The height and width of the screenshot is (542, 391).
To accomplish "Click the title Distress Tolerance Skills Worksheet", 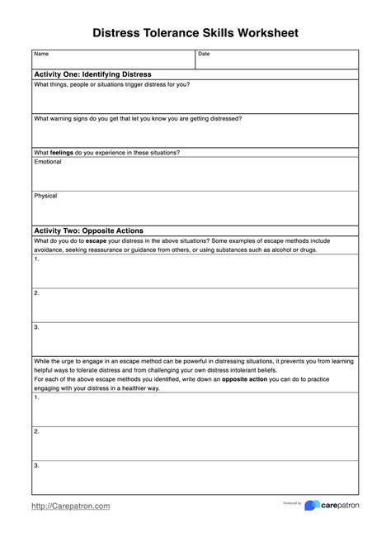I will [x=195, y=31].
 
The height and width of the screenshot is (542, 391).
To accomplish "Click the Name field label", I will [x=41, y=55].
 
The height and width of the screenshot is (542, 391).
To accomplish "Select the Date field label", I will [x=205, y=55].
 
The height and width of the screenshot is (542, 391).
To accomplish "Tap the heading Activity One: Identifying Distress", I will [x=92, y=74].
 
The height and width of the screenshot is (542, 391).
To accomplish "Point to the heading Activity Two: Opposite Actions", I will [x=88, y=230].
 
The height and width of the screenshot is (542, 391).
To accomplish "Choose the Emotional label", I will [x=48, y=162].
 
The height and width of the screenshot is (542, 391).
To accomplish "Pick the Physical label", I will [x=45, y=196].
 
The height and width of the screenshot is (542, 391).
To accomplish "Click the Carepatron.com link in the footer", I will [x=71, y=505].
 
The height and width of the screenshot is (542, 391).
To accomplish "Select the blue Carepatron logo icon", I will [x=312, y=505].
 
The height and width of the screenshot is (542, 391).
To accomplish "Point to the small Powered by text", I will [x=292, y=502].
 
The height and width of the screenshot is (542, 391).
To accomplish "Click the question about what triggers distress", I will [x=111, y=84].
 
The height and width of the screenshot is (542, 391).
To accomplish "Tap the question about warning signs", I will [x=138, y=118].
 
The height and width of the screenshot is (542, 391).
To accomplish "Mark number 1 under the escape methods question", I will [x=37, y=259].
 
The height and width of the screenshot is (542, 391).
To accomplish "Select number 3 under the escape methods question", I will [x=37, y=327].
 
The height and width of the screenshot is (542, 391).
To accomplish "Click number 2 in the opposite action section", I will [x=37, y=430].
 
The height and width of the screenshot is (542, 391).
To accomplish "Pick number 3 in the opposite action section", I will [x=37, y=465].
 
